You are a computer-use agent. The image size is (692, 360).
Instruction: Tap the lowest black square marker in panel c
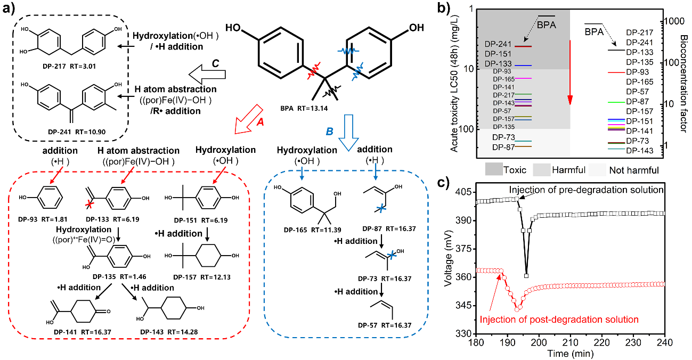click(526, 276)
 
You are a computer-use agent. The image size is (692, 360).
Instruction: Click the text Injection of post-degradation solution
click(559, 320)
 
